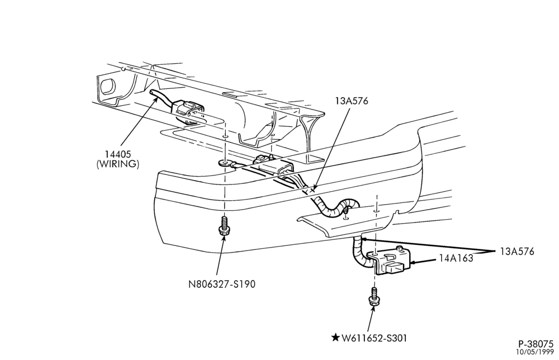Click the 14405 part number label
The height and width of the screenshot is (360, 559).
coord(117,154)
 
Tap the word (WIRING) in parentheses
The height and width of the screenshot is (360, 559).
coord(117,164)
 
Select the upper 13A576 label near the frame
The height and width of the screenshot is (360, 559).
coord(351,101)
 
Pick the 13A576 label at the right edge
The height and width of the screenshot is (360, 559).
coord(517,252)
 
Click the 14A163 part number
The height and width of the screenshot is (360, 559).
coord(456,258)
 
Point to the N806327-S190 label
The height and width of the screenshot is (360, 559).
coord(222,284)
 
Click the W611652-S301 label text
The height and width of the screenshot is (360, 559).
coord(374,338)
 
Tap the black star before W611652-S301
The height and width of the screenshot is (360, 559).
coord(335,337)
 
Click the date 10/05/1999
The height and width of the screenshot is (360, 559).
coord(536,352)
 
